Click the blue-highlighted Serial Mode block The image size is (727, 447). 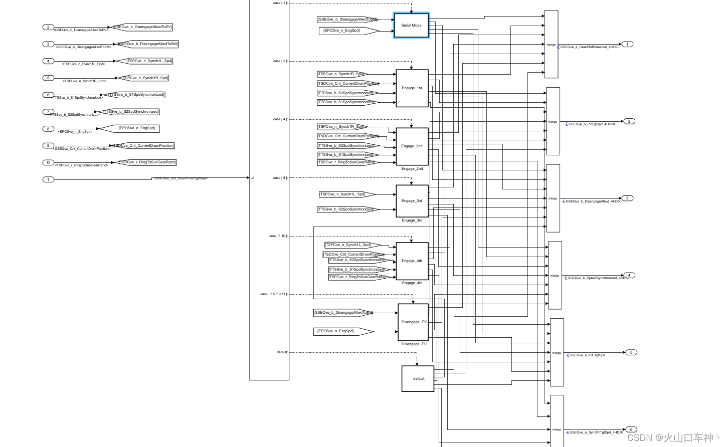coord(411,25)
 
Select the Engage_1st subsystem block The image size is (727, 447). coord(412,88)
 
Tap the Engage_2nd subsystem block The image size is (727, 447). coord(412,146)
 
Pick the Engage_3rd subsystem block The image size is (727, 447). coord(412,201)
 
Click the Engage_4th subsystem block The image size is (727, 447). coord(412,261)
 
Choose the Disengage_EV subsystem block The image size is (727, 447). coord(413,322)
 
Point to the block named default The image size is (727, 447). coord(418,379)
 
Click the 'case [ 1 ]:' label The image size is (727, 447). coord(280,3)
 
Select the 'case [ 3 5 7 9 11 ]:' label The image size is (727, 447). coord(274,294)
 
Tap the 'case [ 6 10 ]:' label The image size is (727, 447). coord(278,236)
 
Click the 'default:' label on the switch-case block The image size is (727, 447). coord(282,352)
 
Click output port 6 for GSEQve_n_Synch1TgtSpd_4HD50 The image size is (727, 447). coord(631,429)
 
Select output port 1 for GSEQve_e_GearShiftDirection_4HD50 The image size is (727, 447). coord(627,44)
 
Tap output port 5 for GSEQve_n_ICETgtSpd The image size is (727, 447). coord(631,352)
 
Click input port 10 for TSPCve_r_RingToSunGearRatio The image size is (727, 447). coord(48,162)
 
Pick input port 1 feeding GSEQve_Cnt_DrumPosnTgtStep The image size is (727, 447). coord(48,179)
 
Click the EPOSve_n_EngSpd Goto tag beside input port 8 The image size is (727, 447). coord(129,129)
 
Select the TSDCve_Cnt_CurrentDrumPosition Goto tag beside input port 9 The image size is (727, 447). coord(143,146)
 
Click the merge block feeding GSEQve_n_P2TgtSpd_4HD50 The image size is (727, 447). coord(553,121)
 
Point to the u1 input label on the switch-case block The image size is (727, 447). coord(253,178)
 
